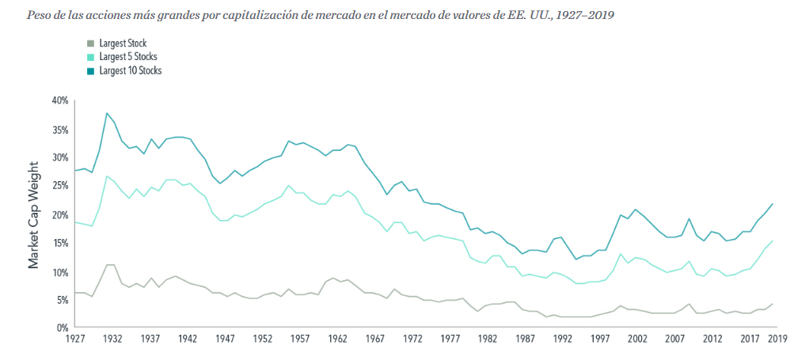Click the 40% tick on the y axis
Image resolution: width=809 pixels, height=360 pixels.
point(60,100)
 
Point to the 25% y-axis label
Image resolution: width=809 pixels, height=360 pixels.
point(60,186)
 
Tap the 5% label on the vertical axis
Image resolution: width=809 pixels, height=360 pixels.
point(63,300)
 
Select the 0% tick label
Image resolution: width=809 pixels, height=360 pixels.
point(63,328)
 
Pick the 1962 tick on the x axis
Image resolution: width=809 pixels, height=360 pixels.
point(338,339)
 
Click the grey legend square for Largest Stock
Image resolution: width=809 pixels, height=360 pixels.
point(90,44)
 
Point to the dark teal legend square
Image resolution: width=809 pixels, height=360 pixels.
point(90,70)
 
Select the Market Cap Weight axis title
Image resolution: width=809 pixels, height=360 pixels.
point(34,214)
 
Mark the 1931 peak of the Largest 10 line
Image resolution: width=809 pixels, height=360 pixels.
point(106,113)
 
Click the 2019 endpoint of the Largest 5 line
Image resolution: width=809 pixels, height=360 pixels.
point(773,241)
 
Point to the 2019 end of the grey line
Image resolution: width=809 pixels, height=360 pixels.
point(773,304)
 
